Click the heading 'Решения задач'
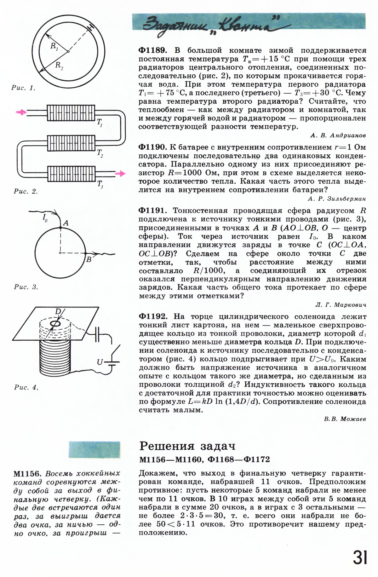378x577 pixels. (x=187, y=446)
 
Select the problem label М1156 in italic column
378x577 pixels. (x=28, y=474)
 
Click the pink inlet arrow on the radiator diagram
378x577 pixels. (x=21, y=112)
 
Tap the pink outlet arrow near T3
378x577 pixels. (x=120, y=173)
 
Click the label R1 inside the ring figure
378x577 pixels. (x=54, y=46)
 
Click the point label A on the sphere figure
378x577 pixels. (x=66, y=223)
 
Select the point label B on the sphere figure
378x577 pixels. (x=89, y=259)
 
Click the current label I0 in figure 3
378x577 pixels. (x=45, y=218)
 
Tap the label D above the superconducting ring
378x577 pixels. (x=58, y=311)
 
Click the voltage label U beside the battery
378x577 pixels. (x=100, y=362)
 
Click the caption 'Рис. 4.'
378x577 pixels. (x=26, y=388)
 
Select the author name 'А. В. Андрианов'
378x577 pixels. (x=338, y=136)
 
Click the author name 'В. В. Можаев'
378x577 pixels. (x=345, y=419)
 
